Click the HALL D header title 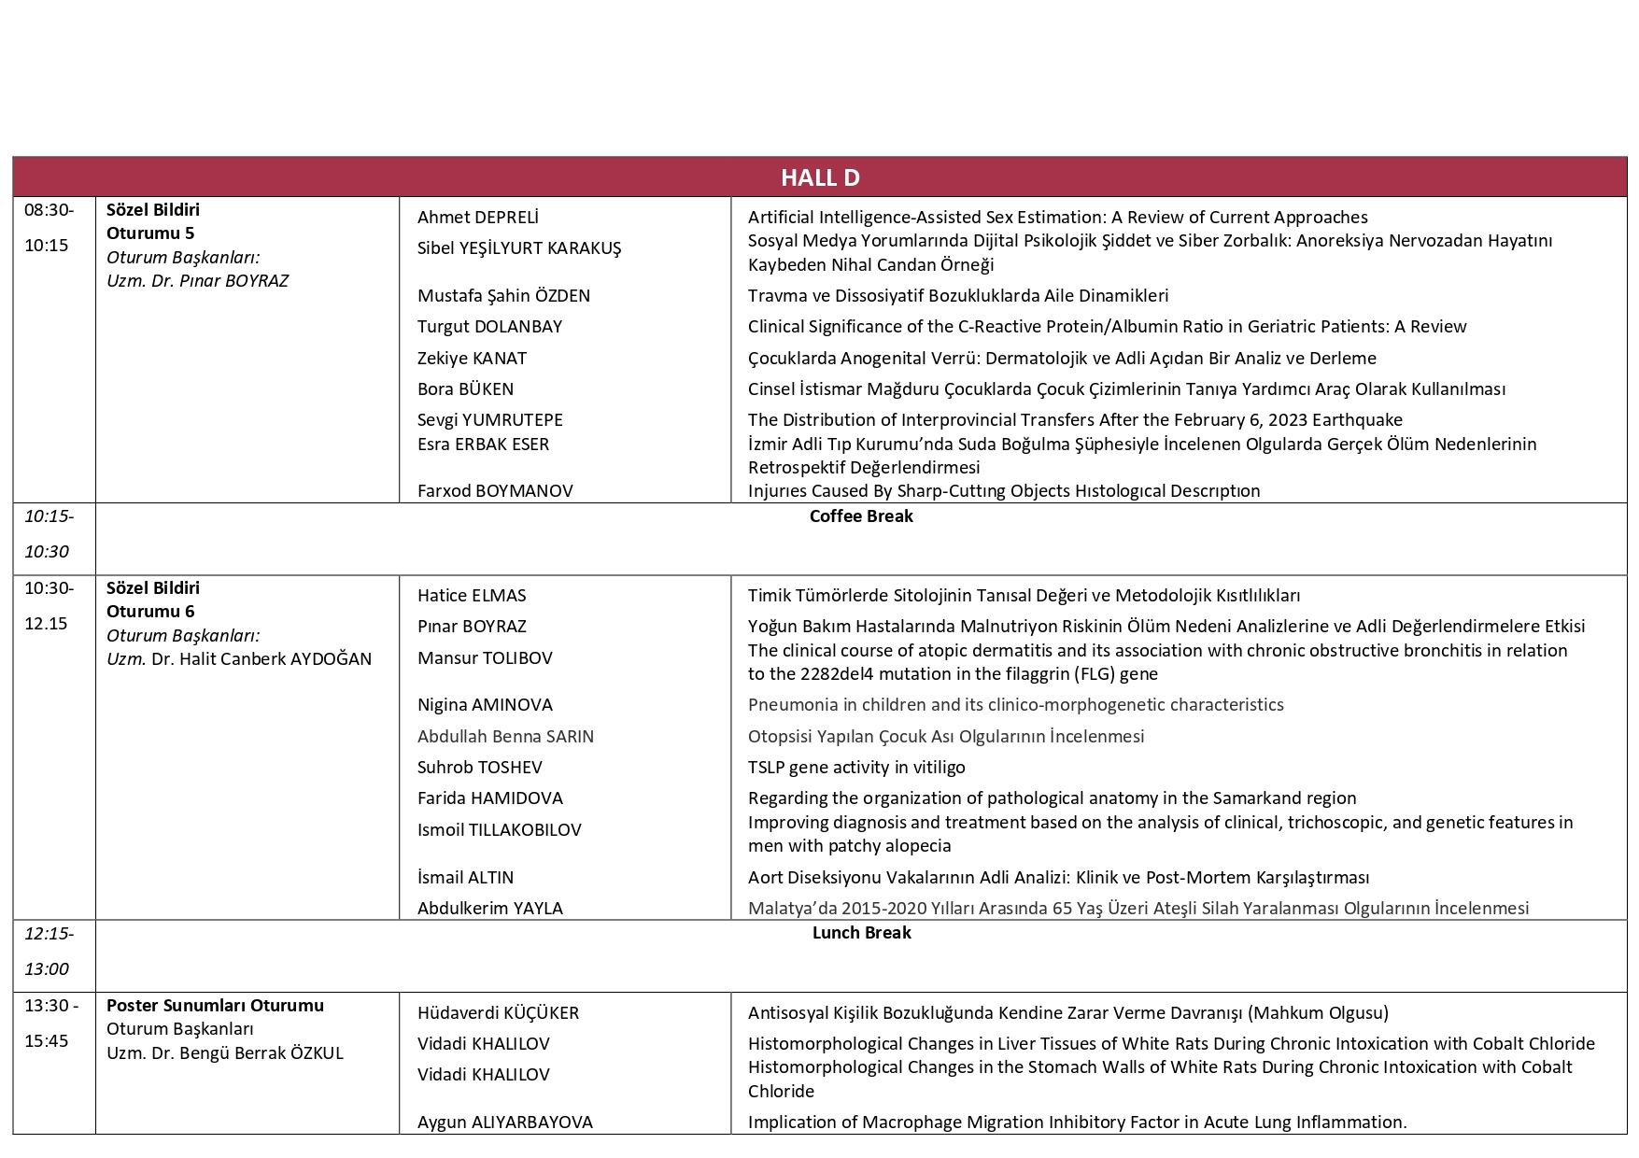coord(820,177)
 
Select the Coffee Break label coord(860,516)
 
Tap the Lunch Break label coord(860,933)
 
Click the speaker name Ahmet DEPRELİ coord(477,218)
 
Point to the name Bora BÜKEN coord(465,389)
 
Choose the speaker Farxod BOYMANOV coord(495,491)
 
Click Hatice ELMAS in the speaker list coord(472,596)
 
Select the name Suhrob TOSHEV coord(479,768)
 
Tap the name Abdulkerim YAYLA coord(489,909)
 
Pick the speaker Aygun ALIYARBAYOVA coord(504,1123)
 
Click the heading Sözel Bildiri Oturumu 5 coord(153,221)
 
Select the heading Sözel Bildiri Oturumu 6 coord(153,600)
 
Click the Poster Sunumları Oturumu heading coord(215,1006)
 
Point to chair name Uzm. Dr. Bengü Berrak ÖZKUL coord(225,1053)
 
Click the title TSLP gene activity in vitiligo coord(856,768)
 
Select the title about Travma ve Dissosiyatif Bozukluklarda coord(957,296)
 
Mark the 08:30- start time coord(49,210)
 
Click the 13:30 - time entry coord(52,1006)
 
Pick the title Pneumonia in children coord(1015,705)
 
